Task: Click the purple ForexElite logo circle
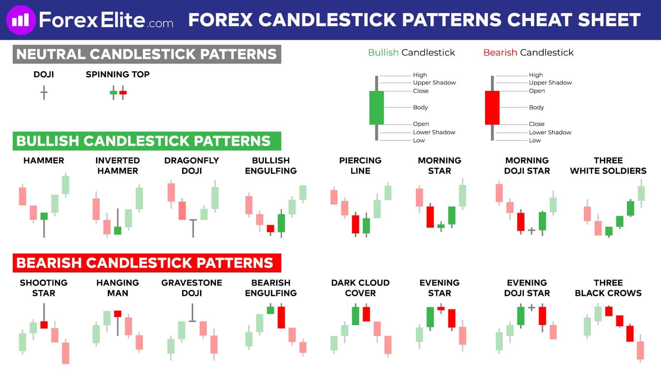[21, 20]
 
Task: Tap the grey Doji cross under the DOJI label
[44, 93]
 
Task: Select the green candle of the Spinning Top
[113, 93]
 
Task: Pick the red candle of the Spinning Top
[123, 93]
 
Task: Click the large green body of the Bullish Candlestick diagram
[376, 107]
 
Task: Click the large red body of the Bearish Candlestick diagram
[492, 107]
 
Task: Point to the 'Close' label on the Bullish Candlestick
[421, 91]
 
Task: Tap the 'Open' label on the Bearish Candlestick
[537, 91]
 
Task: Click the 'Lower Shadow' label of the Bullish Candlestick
[434, 132]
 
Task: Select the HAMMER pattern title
[44, 161]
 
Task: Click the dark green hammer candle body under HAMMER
[44, 216]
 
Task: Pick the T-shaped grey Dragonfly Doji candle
[193, 228]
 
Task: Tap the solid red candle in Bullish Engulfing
[271, 228]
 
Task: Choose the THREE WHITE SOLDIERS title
[608, 166]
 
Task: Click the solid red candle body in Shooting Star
[44, 324]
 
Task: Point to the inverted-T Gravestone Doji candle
[192, 313]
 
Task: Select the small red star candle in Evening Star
[441, 309]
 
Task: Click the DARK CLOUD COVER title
[360, 288]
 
